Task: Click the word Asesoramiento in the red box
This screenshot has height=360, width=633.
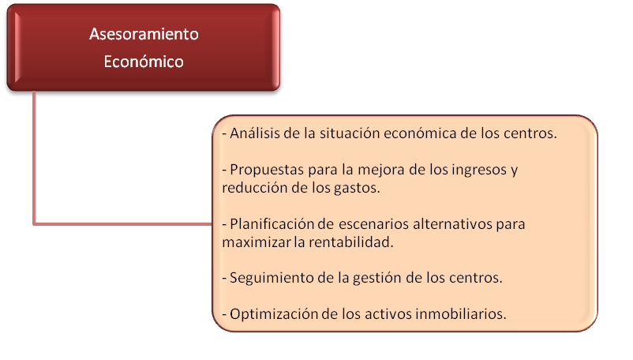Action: click(144, 34)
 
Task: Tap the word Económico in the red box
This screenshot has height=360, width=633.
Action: click(144, 62)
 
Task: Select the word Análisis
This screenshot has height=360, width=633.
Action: click(255, 133)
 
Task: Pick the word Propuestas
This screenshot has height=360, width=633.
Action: click(267, 170)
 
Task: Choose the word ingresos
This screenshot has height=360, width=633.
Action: click(479, 170)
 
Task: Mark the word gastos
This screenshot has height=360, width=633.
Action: click(357, 188)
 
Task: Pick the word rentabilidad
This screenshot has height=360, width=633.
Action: click(350, 242)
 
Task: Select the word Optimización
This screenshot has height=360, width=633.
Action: click(274, 314)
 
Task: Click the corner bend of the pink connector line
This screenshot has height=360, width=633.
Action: click(34, 223)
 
